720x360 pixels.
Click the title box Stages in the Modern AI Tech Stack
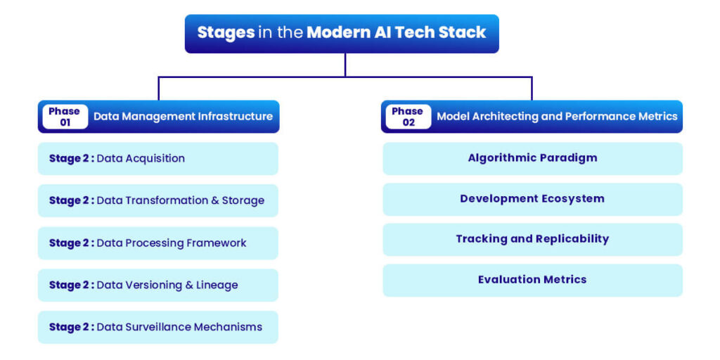342,33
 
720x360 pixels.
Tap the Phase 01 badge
65,117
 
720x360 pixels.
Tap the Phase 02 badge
408,117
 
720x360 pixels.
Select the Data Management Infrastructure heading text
183,117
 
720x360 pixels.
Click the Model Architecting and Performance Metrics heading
557,117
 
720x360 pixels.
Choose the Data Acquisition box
157,158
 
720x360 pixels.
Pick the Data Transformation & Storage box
157,200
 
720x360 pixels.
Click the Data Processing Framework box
157,243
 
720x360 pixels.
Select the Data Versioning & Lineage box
157,285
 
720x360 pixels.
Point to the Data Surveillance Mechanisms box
157,327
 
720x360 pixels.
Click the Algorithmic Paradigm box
532,158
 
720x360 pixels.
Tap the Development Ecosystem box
532,199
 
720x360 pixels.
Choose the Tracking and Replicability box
532,239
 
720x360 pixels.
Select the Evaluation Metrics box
532,280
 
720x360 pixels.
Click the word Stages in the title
225,32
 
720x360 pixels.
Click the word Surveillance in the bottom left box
155,327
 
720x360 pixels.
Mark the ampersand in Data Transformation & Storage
215,200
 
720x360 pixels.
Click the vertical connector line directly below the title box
345,65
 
